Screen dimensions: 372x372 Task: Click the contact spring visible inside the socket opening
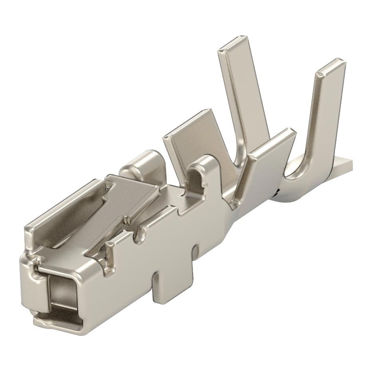point(60,303)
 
